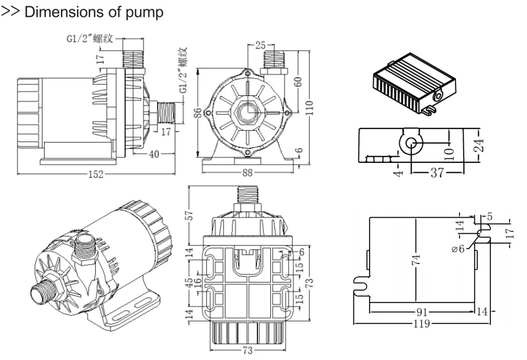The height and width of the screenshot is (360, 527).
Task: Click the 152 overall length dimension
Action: tap(96, 174)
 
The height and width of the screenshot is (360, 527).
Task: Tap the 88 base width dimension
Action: tap(248, 173)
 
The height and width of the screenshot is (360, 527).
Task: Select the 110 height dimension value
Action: tap(309, 108)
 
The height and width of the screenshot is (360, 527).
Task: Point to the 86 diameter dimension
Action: tap(199, 113)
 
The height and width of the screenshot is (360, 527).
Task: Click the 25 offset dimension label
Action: tap(260, 45)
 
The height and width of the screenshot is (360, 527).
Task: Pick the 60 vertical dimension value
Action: tap(298, 82)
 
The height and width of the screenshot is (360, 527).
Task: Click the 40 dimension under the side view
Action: tap(154, 154)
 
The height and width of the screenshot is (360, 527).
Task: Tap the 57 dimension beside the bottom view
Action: tap(189, 215)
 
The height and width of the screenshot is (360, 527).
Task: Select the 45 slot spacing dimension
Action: tap(189, 282)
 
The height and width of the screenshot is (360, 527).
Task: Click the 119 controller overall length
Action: tap(421, 324)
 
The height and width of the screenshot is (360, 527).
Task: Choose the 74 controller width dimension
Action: tap(416, 260)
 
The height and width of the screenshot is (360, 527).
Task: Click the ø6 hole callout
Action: tap(458, 249)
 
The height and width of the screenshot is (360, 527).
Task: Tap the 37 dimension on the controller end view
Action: tap(437, 173)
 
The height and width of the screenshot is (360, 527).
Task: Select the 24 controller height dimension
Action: tap(481, 145)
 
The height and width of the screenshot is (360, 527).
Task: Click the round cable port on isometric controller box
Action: tap(438, 96)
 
